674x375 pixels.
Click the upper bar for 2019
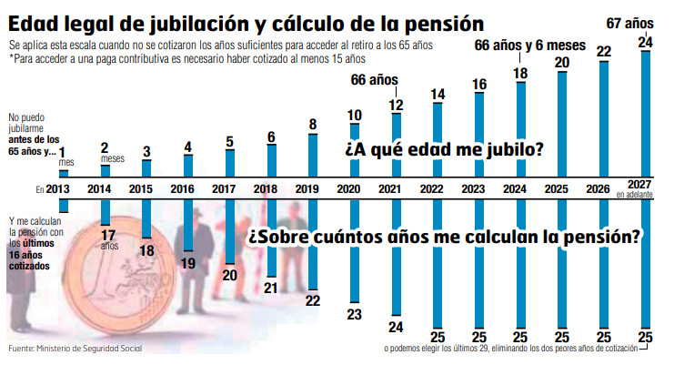click(x=313, y=156)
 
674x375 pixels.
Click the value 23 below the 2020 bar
click(x=355, y=314)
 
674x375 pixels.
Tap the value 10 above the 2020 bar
click(x=354, y=116)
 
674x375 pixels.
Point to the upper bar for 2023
click(x=478, y=137)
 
